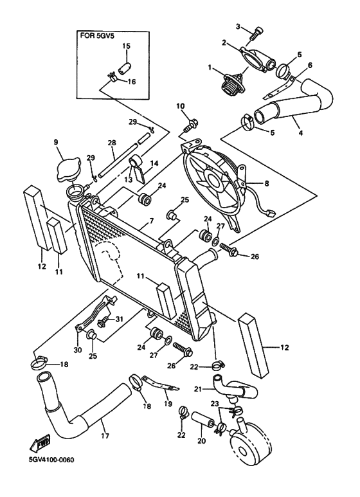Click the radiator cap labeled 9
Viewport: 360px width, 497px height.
click(67, 169)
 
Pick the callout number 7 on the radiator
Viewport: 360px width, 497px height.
click(150, 221)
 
